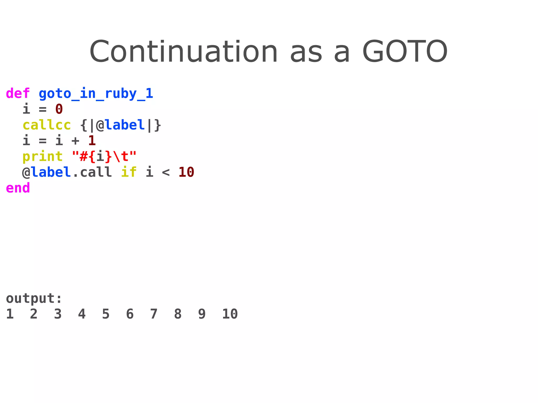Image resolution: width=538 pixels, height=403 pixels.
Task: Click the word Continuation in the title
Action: pos(183,51)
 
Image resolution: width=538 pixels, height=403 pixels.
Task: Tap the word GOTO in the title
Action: pos(405,51)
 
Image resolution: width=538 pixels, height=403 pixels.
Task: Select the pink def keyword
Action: pos(18,93)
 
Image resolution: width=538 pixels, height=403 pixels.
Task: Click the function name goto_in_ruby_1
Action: pos(96,93)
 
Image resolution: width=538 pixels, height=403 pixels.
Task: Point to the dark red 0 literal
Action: pos(59,109)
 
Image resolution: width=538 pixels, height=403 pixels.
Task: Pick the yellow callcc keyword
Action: pos(47,125)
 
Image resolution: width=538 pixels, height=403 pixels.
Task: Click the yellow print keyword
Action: pos(43,156)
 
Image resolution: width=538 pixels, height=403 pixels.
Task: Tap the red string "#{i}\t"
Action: pos(104,156)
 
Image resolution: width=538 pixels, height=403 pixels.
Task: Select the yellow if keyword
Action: pos(129,172)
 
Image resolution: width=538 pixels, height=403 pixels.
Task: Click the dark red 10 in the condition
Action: pos(186,172)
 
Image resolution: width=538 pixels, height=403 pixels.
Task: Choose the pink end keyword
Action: pos(18,188)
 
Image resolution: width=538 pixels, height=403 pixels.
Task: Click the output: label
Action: pos(34,299)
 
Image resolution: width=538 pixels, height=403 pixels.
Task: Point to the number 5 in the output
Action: pos(106,314)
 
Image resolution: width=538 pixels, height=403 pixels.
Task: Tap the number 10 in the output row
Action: pos(230,314)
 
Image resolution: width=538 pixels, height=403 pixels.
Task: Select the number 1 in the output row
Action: pos(10,314)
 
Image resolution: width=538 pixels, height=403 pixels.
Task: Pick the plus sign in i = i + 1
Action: pos(75,141)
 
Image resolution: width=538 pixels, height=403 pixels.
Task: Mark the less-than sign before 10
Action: pos(166,172)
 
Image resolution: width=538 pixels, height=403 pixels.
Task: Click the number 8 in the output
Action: pos(178,314)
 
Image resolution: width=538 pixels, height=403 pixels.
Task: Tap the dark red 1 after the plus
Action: pos(92,141)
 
